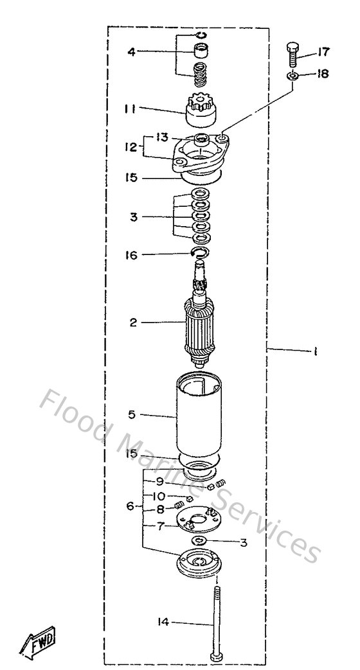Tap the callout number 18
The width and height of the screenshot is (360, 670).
pos(322,74)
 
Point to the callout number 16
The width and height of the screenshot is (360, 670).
pos(131,255)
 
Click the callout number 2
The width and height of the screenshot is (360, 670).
pos(133,322)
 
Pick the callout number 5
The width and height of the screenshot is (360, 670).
pos(132,414)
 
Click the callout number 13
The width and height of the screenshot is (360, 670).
pos(162,137)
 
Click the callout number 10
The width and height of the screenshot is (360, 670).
pos(158,496)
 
